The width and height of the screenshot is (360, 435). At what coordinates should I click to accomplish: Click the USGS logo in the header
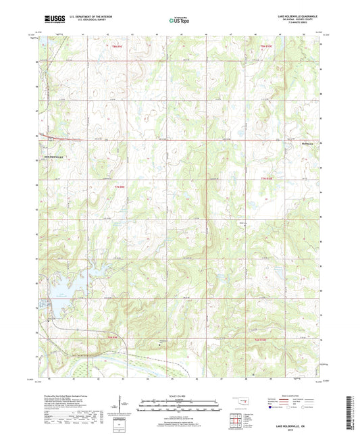pyautogui.click(x=53, y=20)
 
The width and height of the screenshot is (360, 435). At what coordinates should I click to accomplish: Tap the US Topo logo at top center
pyautogui.click(x=180, y=21)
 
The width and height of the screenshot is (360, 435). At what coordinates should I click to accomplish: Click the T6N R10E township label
pyautogui.click(x=265, y=338)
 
